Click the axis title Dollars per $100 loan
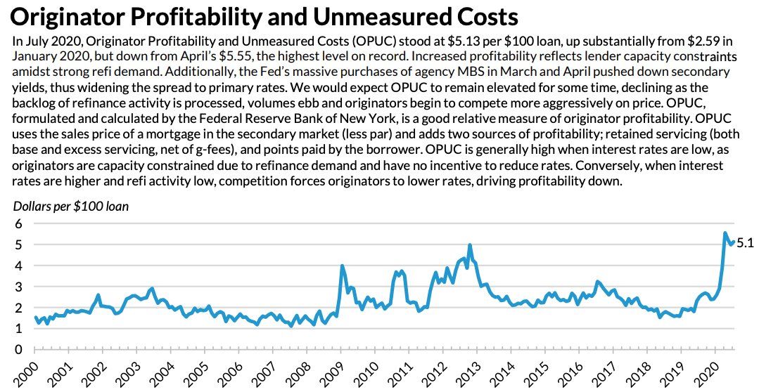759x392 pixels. pos(70,206)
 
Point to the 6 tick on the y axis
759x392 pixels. pos(19,224)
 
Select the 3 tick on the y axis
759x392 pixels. pos(19,287)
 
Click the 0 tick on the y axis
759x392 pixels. pos(19,349)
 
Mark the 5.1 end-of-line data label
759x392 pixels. pos(745,243)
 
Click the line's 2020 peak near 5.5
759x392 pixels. pos(725,233)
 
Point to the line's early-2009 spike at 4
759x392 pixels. pos(342,266)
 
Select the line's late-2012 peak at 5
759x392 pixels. pos(469,245)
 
